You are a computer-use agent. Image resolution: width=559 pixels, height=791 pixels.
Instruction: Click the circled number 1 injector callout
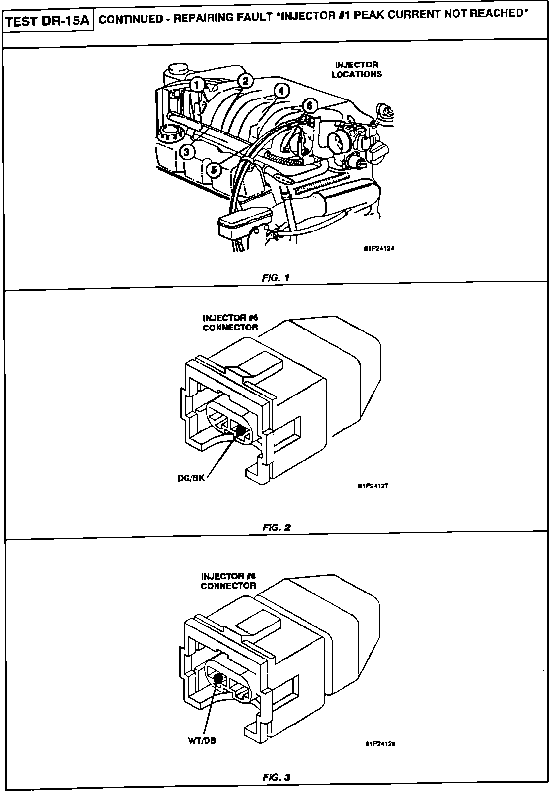[x=197, y=85]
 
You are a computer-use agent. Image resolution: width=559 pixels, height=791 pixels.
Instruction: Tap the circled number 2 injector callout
[x=246, y=81]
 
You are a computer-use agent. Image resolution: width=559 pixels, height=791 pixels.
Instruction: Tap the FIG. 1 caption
[x=276, y=277]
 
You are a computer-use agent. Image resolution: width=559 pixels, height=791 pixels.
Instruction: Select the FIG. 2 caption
[x=277, y=527]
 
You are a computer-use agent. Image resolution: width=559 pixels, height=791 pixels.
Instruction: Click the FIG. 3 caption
[x=277, y=777]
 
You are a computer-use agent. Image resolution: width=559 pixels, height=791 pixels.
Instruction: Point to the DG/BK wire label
[x=191, y=478]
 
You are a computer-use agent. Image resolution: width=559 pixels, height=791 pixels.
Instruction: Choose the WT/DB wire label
[x=202, y=740]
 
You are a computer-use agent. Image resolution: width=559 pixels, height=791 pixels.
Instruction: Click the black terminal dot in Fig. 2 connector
[x=241, y=430]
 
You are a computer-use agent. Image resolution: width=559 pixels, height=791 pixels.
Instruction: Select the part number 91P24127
[x=374, y=485]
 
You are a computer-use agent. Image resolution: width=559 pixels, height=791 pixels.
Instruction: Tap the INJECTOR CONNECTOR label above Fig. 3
[x=229, y=581]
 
